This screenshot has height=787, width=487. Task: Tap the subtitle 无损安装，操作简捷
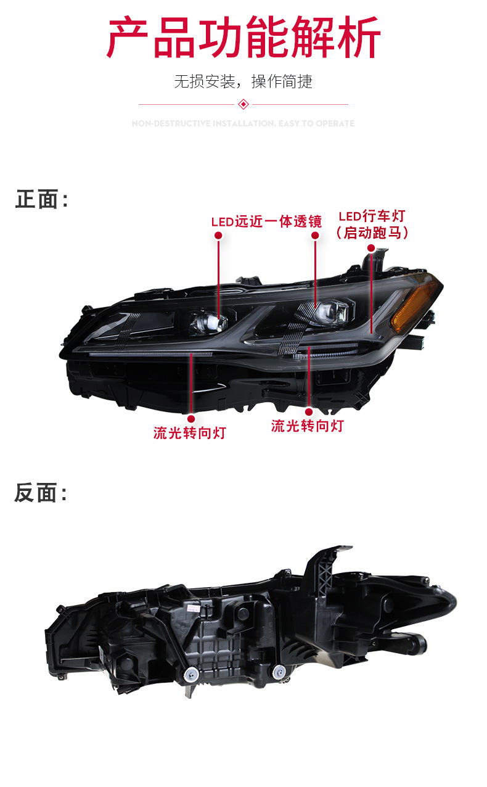pos(243,81)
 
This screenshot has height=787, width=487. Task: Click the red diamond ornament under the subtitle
pos(243,104)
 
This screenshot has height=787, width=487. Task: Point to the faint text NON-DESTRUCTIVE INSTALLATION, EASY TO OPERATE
pos(243,123)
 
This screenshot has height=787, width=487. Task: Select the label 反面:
pos(41,493)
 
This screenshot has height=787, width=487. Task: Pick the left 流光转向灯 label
pos(190,433)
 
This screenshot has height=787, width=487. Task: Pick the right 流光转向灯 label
pos(307,426)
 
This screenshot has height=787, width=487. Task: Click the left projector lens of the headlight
pos(208,321)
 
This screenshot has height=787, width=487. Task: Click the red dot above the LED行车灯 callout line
pos(371,247)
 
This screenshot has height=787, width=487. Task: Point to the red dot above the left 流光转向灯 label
pos(190,419)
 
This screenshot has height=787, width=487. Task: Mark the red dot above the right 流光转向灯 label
pos(308,411)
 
